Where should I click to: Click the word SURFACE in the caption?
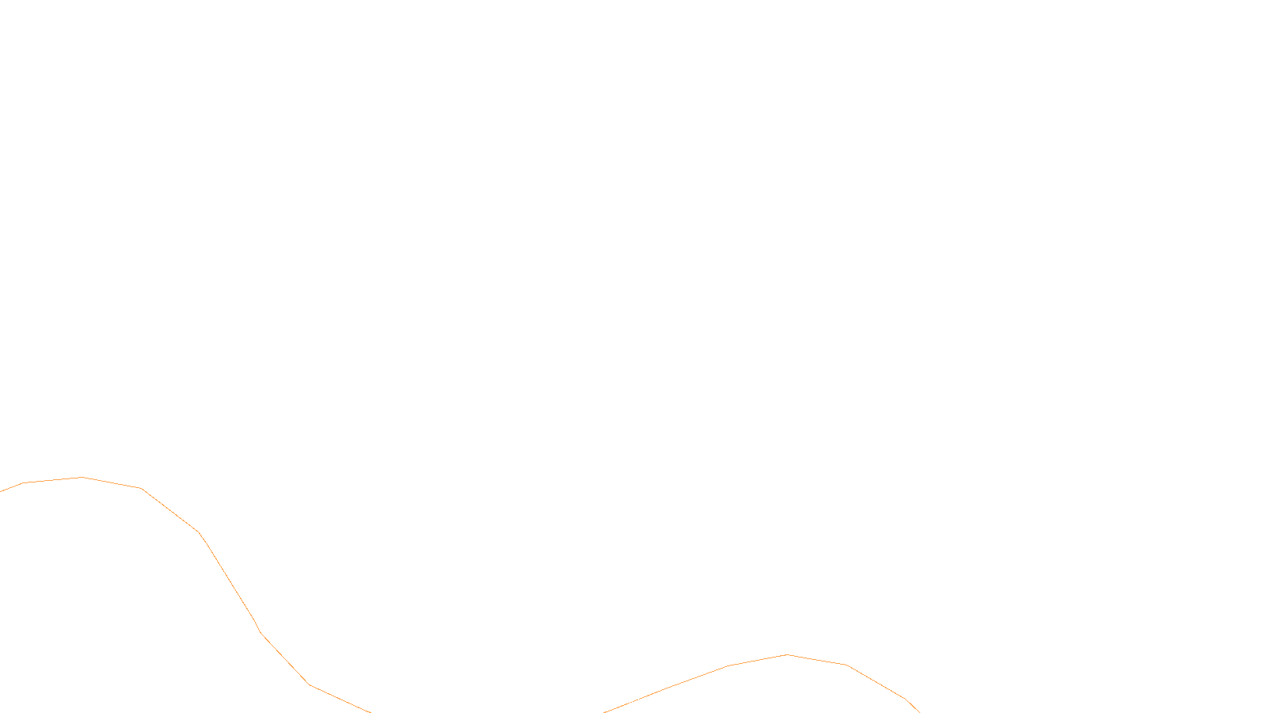point(633,700)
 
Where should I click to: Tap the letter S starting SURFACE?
point(617,700)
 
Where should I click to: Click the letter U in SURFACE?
point(622,700)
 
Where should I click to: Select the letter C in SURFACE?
point(645,700)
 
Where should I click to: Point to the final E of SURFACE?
point(650,700)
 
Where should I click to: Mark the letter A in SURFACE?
point(639,700)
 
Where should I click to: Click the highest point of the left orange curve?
point(82,477)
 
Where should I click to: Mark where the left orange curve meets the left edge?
point(1,491)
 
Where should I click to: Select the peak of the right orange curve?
point(787,654)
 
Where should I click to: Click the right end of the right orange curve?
point(919,711)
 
